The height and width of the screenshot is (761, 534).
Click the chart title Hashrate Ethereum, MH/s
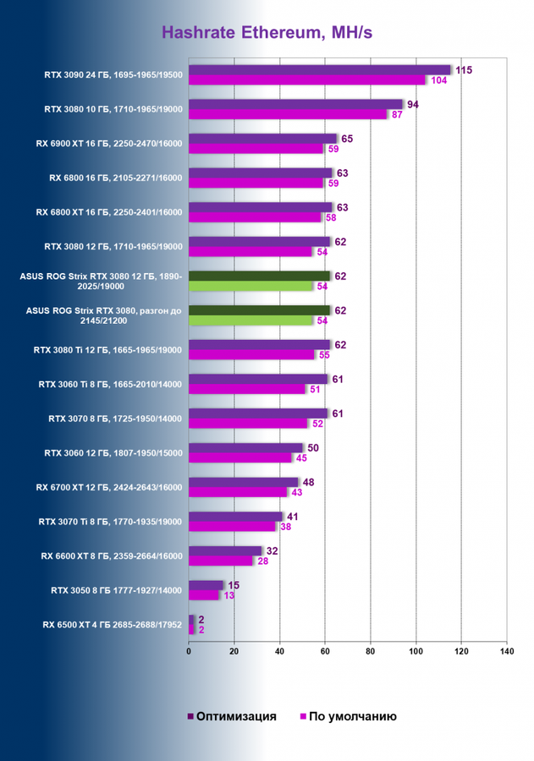(x=267, y=33)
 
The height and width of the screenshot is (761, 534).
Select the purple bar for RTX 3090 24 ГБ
(x=320, y=70)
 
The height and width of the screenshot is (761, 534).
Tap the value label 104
(x=439, y=80)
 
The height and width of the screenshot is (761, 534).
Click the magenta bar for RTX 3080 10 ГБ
(x=288, y=114)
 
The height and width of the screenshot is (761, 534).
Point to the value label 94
(x=414, y=105)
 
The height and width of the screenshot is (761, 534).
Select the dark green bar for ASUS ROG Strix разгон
(x=259, y=310)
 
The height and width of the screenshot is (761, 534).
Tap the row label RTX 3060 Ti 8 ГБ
(x=111, y=384)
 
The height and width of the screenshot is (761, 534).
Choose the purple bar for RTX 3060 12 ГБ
(x=245, y=447)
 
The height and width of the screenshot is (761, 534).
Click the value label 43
(x=297, y=492)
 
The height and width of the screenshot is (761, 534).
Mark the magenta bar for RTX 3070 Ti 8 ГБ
(x=233, y=526)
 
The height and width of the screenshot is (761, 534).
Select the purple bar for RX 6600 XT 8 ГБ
(x=225, y=550)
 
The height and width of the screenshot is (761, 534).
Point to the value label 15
(x=234, y=585)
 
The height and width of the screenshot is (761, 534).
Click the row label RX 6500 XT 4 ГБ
(x=113, y=625)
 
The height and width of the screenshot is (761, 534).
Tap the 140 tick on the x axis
(x=506, y=652)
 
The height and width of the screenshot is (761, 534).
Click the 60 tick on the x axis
(x=325, y=652)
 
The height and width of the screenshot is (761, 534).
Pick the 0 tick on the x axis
(x=189, y=652)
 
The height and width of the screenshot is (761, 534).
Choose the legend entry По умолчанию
(x=348, y=717)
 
